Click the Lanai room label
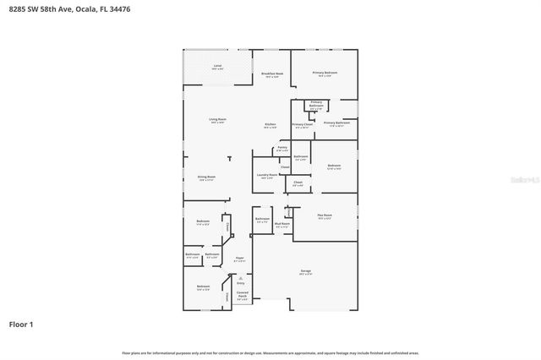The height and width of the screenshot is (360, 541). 217,67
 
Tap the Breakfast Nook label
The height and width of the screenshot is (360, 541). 271,75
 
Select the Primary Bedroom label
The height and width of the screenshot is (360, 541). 325,74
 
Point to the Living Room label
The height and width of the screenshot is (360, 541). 217,121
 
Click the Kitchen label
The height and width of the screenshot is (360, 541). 270,126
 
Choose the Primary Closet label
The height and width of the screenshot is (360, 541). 303,126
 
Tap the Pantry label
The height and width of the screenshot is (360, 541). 282,149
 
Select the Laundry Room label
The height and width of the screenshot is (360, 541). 266,176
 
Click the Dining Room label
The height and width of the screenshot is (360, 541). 206,178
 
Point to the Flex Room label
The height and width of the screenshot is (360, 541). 325,216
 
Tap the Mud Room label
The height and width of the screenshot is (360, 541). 283,226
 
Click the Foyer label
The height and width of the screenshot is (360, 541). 240,259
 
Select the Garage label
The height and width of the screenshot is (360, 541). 305,272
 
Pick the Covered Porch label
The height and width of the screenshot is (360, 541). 243,297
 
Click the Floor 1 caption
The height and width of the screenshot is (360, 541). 21,325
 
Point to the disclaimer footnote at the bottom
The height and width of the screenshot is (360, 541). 270,352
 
